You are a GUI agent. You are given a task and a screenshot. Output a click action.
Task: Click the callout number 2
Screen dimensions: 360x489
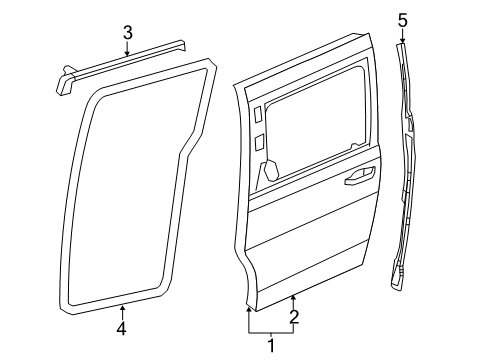(293, 319)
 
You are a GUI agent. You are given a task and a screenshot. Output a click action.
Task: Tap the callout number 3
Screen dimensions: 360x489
(127, 32)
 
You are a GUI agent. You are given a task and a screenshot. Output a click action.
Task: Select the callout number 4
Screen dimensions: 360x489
(122, 329)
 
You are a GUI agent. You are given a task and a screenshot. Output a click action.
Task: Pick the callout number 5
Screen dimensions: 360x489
(403, 19)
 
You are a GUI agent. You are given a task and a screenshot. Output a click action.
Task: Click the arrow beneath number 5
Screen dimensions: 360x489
(403, 37)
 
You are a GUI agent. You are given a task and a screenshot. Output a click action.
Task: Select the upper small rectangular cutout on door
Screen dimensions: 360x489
(259, 115)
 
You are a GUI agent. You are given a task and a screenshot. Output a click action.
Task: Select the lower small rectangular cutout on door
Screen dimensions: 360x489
(260, 145)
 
